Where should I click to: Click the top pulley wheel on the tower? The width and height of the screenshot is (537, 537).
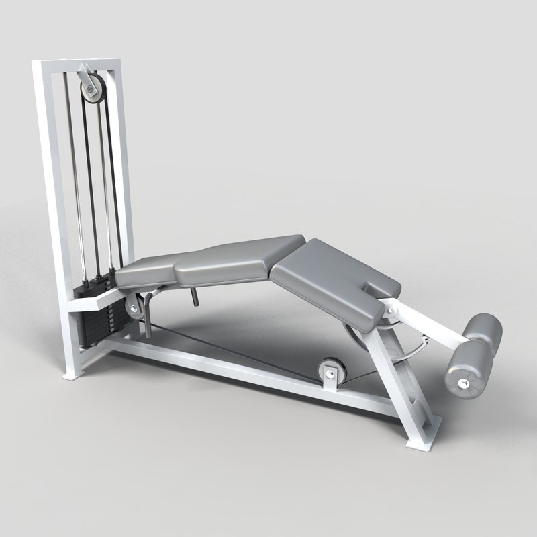click(89, 87)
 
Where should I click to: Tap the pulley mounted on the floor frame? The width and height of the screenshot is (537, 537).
click(330, 371)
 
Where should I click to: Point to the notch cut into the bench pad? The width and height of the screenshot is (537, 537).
click(373, 290)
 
